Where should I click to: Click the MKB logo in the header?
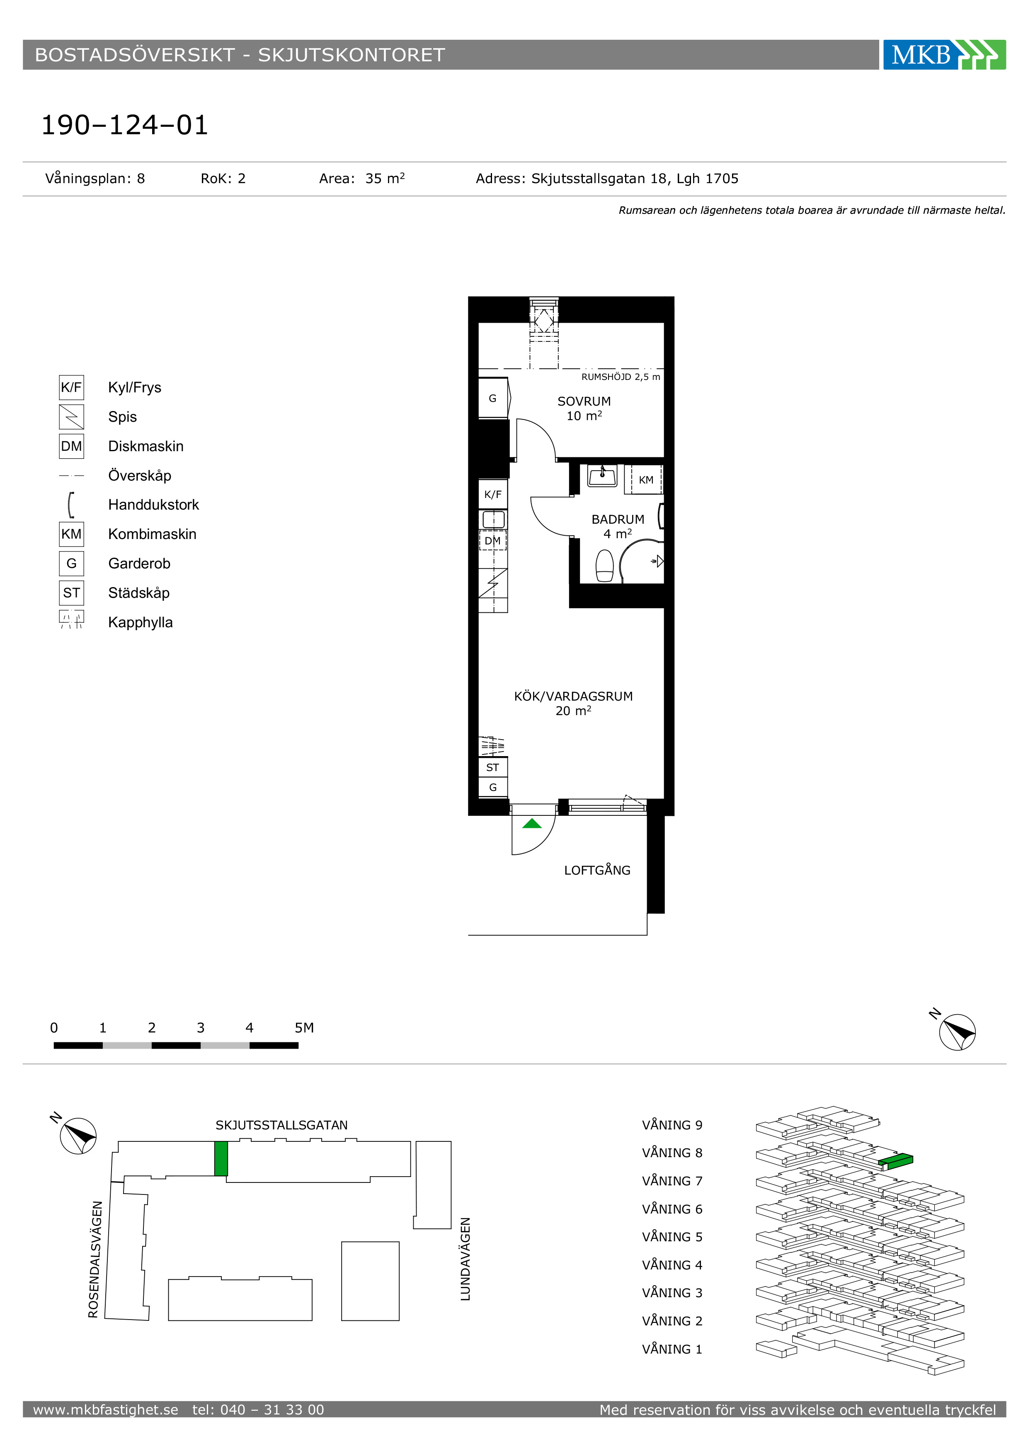click(x=944, y=54)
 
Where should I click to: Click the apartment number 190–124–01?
click(x=125, y=125)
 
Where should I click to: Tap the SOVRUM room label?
click(x=584, y=401)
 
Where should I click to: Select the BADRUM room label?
click(x=618, y=519)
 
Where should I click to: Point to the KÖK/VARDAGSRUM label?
click(x=574, y=696)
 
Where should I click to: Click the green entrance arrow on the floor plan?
click(x=532, y=823)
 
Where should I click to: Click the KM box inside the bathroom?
click(x=646, y=480)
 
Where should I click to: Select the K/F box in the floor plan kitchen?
click(x=492, y=494)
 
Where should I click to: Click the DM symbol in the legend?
click(x=72, y=446)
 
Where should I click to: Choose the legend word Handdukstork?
click(x=153, y=504)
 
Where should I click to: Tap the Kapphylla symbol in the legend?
click(x=72, y=619)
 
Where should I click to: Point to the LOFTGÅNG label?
click(x=597, y=870)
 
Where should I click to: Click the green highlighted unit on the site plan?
click(x=221, y=1159)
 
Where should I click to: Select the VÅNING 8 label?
click(x=672, y=1153)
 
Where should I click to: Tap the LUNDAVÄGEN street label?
click(x=465, y=1260)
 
